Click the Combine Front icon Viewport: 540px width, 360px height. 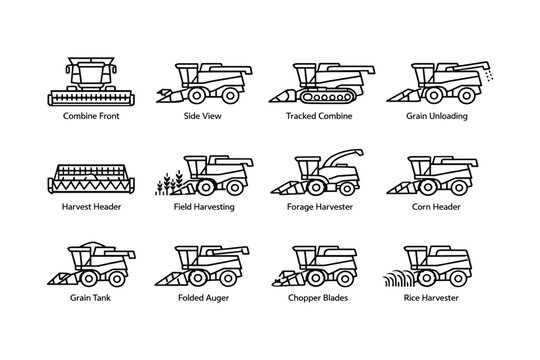[90, 81]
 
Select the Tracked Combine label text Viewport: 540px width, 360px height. [324, 116]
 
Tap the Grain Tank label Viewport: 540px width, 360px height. [90, 297]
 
